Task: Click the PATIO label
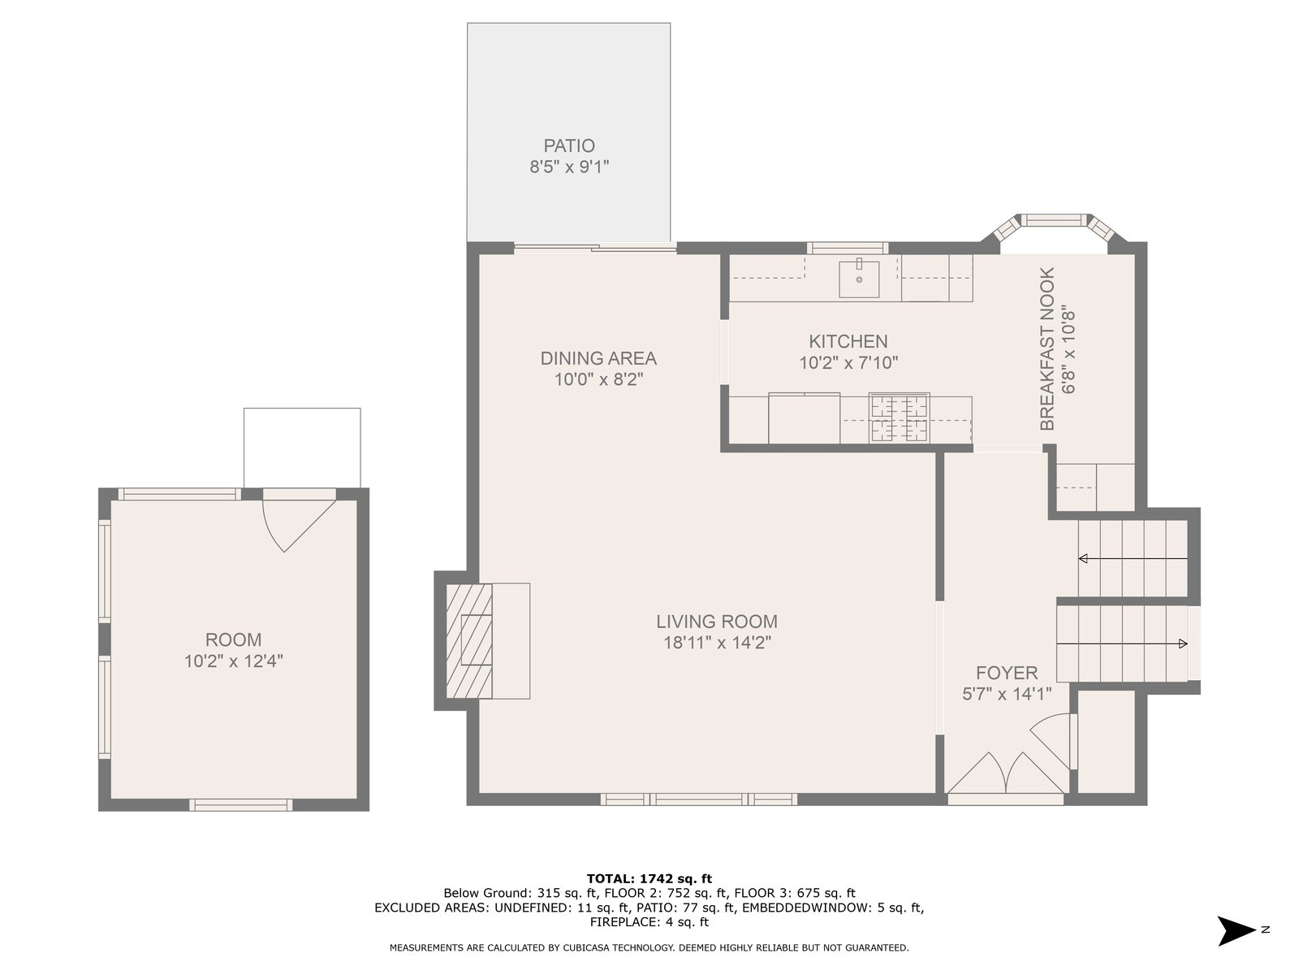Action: (x=569, y=145)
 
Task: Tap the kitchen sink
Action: (x=858, y=278)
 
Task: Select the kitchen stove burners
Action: (x=899, y=418)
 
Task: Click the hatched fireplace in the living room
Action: (x=468, y=640)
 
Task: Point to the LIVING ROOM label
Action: (x=717, y=622)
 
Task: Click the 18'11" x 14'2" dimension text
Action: (x=717, y=643)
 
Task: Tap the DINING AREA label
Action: (x=598, y=358)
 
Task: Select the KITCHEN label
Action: (x=848, y=341)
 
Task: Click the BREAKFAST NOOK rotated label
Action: (x=1047, y=349)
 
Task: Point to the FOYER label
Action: (x=1007, y=673)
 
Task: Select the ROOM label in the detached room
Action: (x=233, y=640)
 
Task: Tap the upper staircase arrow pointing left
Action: (x=1133, y=558)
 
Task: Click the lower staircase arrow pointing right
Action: (x=1122, y=643)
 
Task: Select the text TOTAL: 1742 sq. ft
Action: (x=649, y=878)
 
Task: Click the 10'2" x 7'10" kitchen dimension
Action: (x=848, y=363)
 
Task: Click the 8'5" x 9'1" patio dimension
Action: (x=569, y=167)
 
